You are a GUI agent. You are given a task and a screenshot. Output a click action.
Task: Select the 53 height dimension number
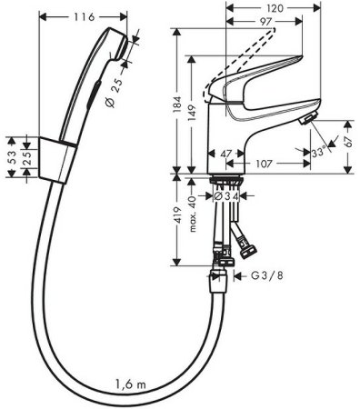pos(11,157)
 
